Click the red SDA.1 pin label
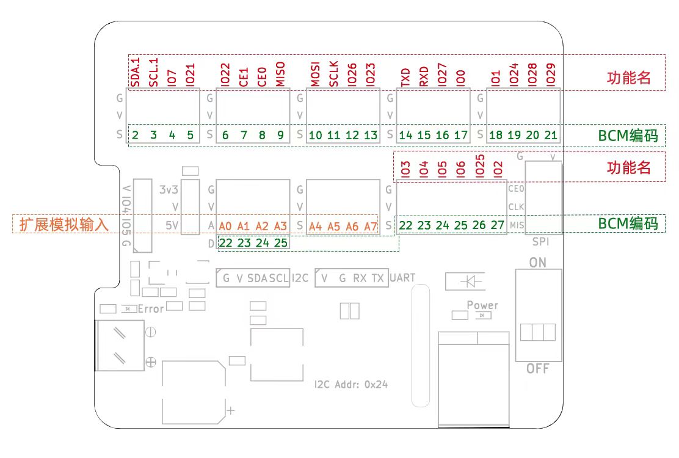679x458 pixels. [135, 72]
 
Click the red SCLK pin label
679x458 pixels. [333, 73]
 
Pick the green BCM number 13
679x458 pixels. [371, 135]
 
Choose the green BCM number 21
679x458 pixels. [551, 135]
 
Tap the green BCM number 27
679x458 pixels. [497, 225]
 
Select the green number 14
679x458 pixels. [405, 135]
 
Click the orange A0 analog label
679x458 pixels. [225, 226]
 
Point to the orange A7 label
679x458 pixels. [371, 226]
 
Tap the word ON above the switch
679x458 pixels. [537, 263]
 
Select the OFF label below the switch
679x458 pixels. [537, 369]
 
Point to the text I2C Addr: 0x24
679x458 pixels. [351, 385]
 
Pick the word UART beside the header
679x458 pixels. [402, 278]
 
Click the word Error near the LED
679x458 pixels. [151, 309]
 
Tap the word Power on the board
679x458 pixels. [482, 305]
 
